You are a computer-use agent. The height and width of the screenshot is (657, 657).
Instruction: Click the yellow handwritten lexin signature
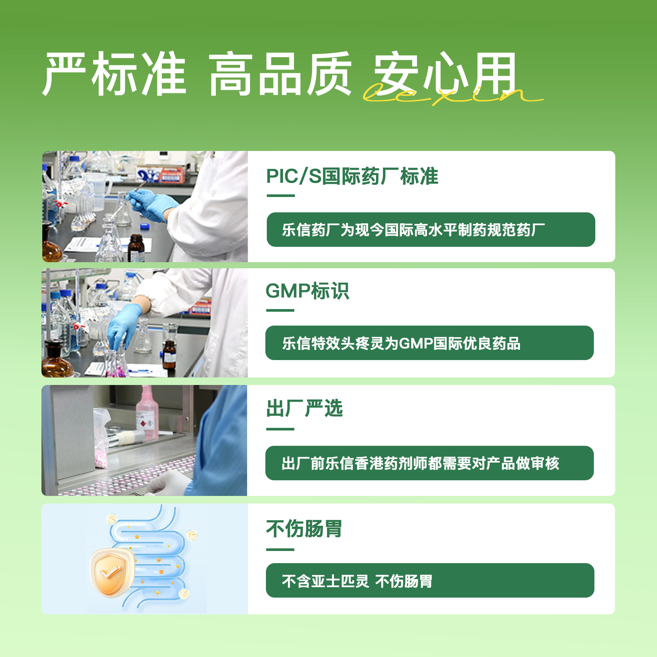[452, 96]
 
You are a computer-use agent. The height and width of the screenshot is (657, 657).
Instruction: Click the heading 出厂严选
[304, 408]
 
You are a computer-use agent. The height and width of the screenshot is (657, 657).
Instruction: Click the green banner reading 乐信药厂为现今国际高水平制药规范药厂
[431, 229]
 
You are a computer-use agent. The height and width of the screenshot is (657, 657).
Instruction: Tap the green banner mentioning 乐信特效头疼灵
[430, 343]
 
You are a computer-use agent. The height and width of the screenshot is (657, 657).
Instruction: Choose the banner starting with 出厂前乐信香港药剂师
[430, 463]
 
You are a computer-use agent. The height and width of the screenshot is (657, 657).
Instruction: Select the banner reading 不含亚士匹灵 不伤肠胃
[430, 580]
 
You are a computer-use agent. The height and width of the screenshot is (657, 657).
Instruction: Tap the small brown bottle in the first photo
[136, 248]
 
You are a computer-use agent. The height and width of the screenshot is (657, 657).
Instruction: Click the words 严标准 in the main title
[114, 74]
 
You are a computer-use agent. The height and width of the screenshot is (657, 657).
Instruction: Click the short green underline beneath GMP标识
[280, 310]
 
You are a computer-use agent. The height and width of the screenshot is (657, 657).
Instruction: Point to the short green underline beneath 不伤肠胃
[280, 549]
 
